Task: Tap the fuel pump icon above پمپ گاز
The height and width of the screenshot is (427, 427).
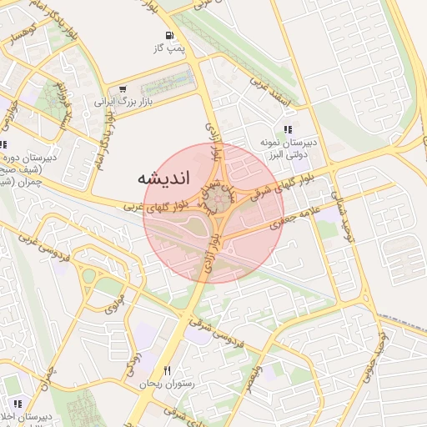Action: tap(170, 36)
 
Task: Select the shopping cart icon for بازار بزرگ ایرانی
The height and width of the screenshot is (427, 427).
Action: tap(123, 89)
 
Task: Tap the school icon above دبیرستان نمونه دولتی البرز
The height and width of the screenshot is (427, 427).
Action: tap(288, 129)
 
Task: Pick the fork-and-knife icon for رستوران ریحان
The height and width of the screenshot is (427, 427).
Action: tap(168, 370)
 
